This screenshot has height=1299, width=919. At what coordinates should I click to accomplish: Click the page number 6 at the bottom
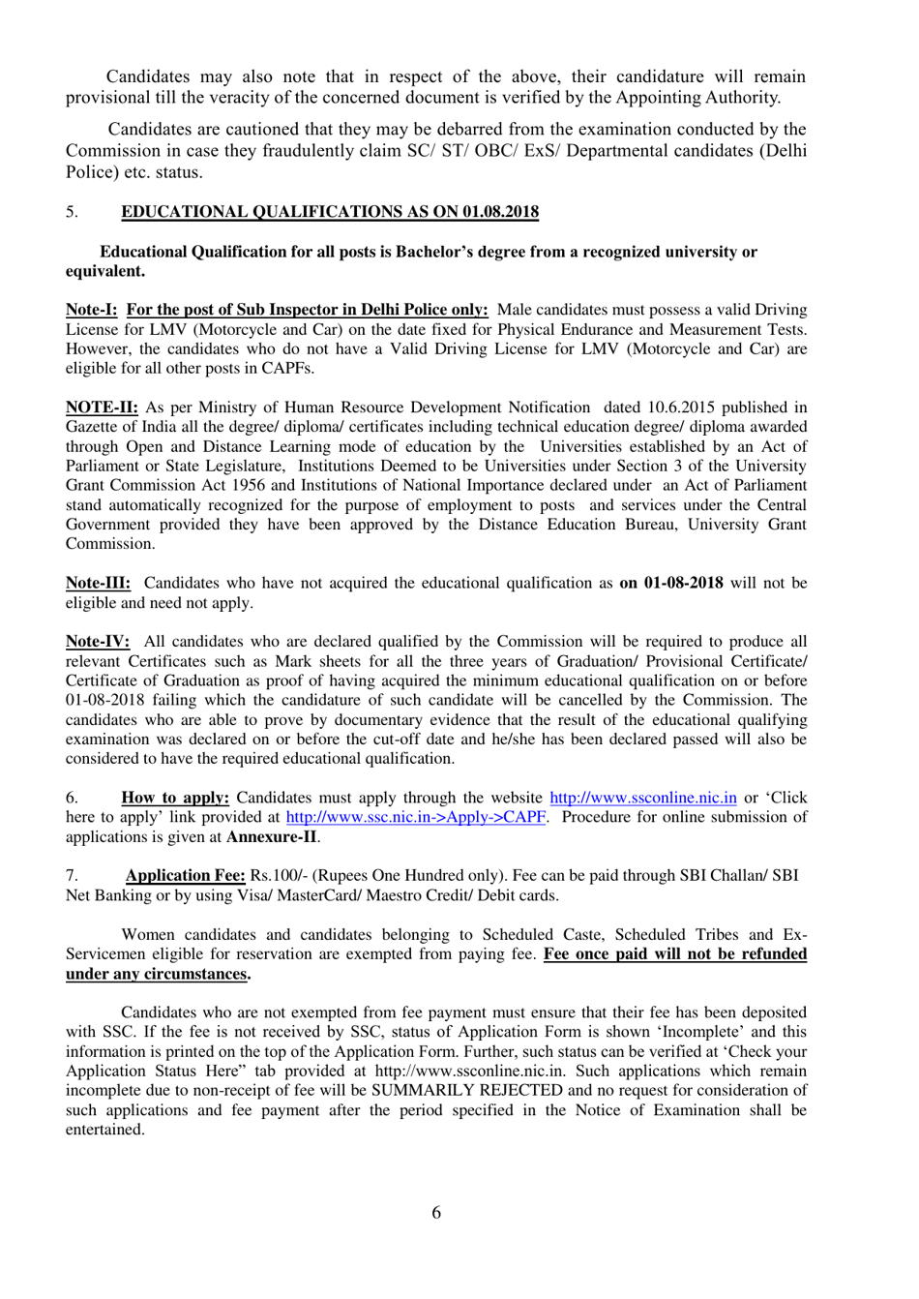[436, 1213]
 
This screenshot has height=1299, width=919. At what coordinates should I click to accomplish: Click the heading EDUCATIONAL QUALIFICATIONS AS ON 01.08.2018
[330, 212]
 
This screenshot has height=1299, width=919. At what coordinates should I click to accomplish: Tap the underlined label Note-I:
[91, 310]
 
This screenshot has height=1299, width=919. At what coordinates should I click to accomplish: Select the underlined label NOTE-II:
[102, 408]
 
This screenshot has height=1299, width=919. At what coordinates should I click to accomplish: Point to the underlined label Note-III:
[98, 583]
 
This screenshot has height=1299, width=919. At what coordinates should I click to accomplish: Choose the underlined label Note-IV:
[98, 642]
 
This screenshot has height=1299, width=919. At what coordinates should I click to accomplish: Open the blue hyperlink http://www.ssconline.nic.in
[643, 798]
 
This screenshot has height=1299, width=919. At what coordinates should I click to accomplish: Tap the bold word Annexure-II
[272, 836]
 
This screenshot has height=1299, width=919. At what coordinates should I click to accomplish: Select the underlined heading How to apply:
[175, 798]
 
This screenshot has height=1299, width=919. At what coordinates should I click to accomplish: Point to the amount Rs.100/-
[279, 875]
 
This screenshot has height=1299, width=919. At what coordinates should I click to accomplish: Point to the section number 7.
[72, 875]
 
